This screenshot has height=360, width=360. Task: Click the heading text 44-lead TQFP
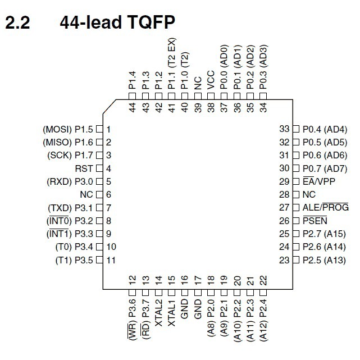point(117,22)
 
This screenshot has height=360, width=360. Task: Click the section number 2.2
point(19,22)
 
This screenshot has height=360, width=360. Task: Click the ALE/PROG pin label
point(325,207)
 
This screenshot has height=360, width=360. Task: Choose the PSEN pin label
point(315,221)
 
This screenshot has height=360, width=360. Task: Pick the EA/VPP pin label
point(317,181)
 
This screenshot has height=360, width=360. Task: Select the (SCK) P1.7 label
point(72,156)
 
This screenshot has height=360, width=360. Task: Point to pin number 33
point(284,129)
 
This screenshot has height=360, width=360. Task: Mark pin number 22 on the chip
point(263,279)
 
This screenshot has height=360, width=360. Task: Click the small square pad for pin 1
point(99,129)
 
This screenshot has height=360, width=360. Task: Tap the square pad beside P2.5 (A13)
point(297,259)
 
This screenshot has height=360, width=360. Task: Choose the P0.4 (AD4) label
point(325,129)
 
